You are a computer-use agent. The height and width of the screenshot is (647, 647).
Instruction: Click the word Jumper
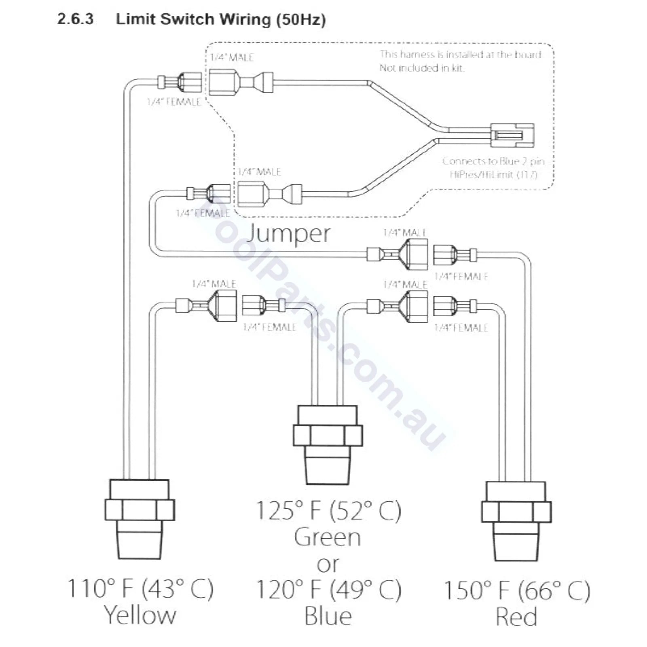288,233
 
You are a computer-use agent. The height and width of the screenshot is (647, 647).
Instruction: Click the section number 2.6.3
75,19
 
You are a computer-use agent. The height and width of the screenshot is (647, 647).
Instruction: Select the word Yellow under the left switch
140,615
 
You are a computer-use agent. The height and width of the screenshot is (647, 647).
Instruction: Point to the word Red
516,617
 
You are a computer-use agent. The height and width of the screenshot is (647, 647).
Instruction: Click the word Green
328,537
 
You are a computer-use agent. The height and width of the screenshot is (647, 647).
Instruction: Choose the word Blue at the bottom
328,616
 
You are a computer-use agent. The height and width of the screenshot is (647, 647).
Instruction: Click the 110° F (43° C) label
140,588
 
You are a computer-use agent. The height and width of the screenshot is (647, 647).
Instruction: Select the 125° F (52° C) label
328,510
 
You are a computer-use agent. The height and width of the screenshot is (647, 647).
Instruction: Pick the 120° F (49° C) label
328,589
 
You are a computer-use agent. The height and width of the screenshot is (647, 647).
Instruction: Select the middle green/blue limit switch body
328,445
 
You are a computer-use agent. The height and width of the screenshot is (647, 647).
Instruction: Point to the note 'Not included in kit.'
422,68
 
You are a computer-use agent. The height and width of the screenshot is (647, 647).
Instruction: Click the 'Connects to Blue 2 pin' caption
493,161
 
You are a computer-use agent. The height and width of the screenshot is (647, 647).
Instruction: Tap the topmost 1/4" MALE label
232,57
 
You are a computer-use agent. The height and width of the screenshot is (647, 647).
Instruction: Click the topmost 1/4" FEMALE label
174,102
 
